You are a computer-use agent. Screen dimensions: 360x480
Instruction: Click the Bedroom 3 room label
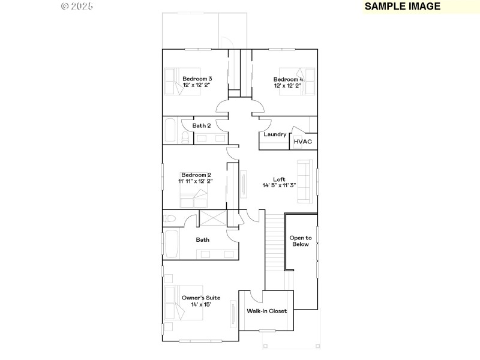pyautogui.click(x=197, y=82)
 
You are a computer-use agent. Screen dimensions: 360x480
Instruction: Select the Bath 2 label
pyautogui.click(x=202, y=126)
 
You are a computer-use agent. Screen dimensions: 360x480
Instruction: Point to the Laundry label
pyautogui.click(x=275, y=134)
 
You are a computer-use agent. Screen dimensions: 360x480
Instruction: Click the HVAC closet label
pyautogui.click(x=302, y=142)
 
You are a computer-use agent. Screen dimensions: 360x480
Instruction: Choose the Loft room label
pyautogui.click(x=279, y=182)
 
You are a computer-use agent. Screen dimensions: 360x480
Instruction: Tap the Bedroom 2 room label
pyautogui.click(x=195, y=178)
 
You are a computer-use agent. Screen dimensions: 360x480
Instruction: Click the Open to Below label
pyautogui.click(x=301, y=241)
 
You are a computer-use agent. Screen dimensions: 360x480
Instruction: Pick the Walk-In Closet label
pyautogui.click(x=266, y=311)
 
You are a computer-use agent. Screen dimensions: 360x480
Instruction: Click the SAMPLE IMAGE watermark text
pyautogui.click(x=403, y=7)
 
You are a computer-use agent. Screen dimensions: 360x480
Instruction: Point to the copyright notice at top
pyautogui.click(x=77, y=7)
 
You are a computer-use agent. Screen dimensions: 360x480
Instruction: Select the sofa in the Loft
pyautogui.click(x=305, y=181)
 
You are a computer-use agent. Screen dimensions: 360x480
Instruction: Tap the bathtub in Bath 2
pyautogui.click(x=170, y=130)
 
